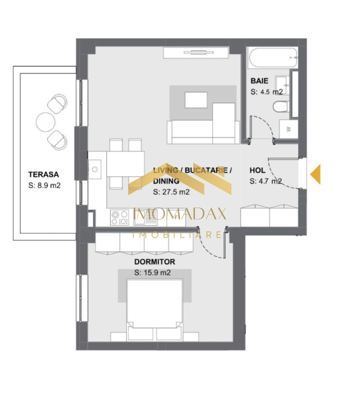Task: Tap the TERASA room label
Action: (x=43, y=174)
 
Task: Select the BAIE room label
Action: (x=260, y=81)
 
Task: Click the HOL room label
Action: (x=257, y=170)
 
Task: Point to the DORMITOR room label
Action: (x=155, y=262)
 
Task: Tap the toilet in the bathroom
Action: (x=280, y=106)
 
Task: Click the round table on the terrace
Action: (x=45, y=121)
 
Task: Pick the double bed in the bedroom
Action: (x=155, y=307)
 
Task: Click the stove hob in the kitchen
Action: (x=119, y=217)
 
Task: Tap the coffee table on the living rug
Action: (x=196, y=100)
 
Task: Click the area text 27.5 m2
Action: (x=171, y=192)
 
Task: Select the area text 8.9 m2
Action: (x=45, y=185)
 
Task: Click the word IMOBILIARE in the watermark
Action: (x=177, y=235)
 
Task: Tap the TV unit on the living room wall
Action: (x=196, y=52)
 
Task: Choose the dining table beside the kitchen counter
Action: (x=125, y=163)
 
